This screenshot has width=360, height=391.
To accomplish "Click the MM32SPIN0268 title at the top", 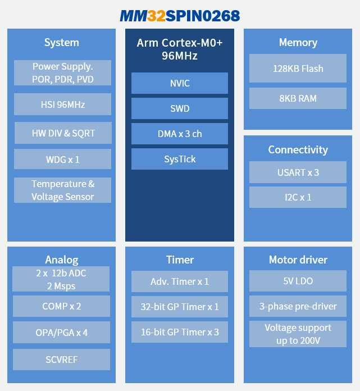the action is [x=180, y=16].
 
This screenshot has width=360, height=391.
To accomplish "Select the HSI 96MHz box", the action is [x=62, y=104].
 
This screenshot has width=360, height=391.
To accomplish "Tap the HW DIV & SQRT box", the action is [x=63, y=133].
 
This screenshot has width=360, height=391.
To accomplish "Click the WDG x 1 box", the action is [x=62, y=159].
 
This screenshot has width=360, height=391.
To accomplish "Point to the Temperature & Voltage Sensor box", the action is [x=62, y=190].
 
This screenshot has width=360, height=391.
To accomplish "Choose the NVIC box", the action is [x=180, y=83].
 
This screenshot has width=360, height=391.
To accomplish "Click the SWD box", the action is [x=180, y=108].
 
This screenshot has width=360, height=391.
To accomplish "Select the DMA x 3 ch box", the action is [x=180, y=134].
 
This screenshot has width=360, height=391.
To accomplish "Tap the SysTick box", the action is [x=180, y=159].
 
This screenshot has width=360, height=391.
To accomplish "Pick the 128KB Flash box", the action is [x=298, y=69].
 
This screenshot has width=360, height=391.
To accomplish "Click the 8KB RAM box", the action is [x=298, y=98].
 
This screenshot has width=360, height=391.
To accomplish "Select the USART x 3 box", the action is [x=298, y=172].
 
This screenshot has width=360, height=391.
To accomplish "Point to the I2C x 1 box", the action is [x=298, y=197].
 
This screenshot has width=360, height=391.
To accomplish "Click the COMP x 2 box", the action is [x=61, y=306].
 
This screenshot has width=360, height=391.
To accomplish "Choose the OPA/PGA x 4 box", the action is [x=61, y=333].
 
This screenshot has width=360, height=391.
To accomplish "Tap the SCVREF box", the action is [x=61, y=360].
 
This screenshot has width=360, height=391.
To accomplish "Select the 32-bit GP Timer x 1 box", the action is [x=180, y=307].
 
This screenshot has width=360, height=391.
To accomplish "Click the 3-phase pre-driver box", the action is [x=298, y=306].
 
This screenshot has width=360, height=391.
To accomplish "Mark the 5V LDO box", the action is [x=298, y=281].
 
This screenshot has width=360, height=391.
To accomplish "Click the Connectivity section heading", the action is [x=298, y=149].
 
